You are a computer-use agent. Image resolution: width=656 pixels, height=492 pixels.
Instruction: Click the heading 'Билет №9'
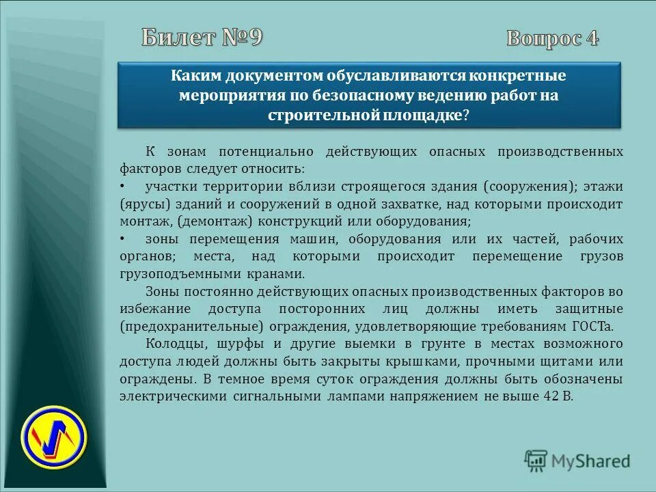coord(202,38)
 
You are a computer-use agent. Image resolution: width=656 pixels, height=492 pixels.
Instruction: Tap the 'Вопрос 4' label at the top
coord(552,38)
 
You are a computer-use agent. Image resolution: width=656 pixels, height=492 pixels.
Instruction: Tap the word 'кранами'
coord(281,273)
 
